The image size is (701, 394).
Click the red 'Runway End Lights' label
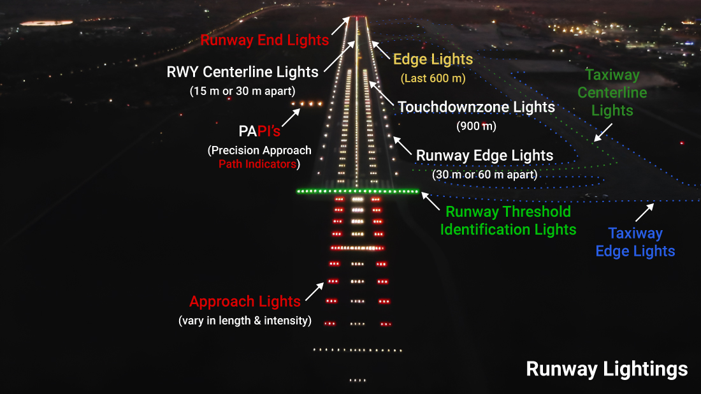point(264,40)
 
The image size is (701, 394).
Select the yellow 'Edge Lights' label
point(433,60)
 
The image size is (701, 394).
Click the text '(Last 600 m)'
point(433,78)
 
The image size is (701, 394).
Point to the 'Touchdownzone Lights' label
point(477,107)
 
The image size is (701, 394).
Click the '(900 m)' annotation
point(476,126)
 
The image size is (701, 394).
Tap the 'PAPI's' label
point(259,133)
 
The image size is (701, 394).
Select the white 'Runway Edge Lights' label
point(484,156)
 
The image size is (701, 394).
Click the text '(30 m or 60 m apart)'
point(484,174)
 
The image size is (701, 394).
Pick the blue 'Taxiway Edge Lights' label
point(635,242)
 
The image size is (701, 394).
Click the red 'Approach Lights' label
point(245,302)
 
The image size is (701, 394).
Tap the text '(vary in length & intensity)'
point(245,321)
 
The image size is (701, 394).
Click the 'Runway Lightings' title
point(607,368)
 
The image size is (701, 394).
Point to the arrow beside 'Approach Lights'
point(314,291)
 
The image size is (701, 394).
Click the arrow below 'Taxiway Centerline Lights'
point(602,132)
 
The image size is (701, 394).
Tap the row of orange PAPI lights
point(305,103)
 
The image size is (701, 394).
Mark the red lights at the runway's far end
point(357,17)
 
